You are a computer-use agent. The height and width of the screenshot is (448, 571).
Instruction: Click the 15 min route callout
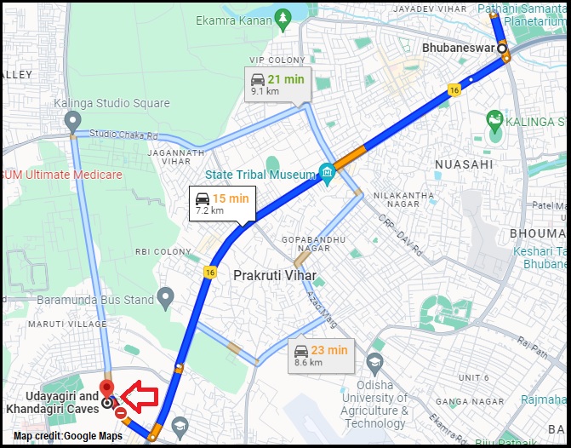pos(220,204)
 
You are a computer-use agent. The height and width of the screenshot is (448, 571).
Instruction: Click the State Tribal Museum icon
pos(327,174)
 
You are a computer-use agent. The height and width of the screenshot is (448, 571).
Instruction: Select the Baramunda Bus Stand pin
pos(165,298)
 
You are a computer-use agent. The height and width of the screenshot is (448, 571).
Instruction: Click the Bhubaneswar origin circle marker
pos(503,49)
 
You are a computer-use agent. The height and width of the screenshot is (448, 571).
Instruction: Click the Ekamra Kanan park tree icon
pos(282,18)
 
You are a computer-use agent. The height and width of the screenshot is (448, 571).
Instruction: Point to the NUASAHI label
pos(463,164)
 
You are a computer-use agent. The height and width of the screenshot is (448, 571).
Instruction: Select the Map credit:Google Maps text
pos(67,436)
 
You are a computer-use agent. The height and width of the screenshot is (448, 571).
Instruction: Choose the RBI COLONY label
pos(163,252)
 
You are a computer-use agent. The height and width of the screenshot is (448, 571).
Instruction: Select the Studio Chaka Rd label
pos(124,135)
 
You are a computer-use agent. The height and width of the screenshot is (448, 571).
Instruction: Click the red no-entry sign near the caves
pos(121,413)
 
